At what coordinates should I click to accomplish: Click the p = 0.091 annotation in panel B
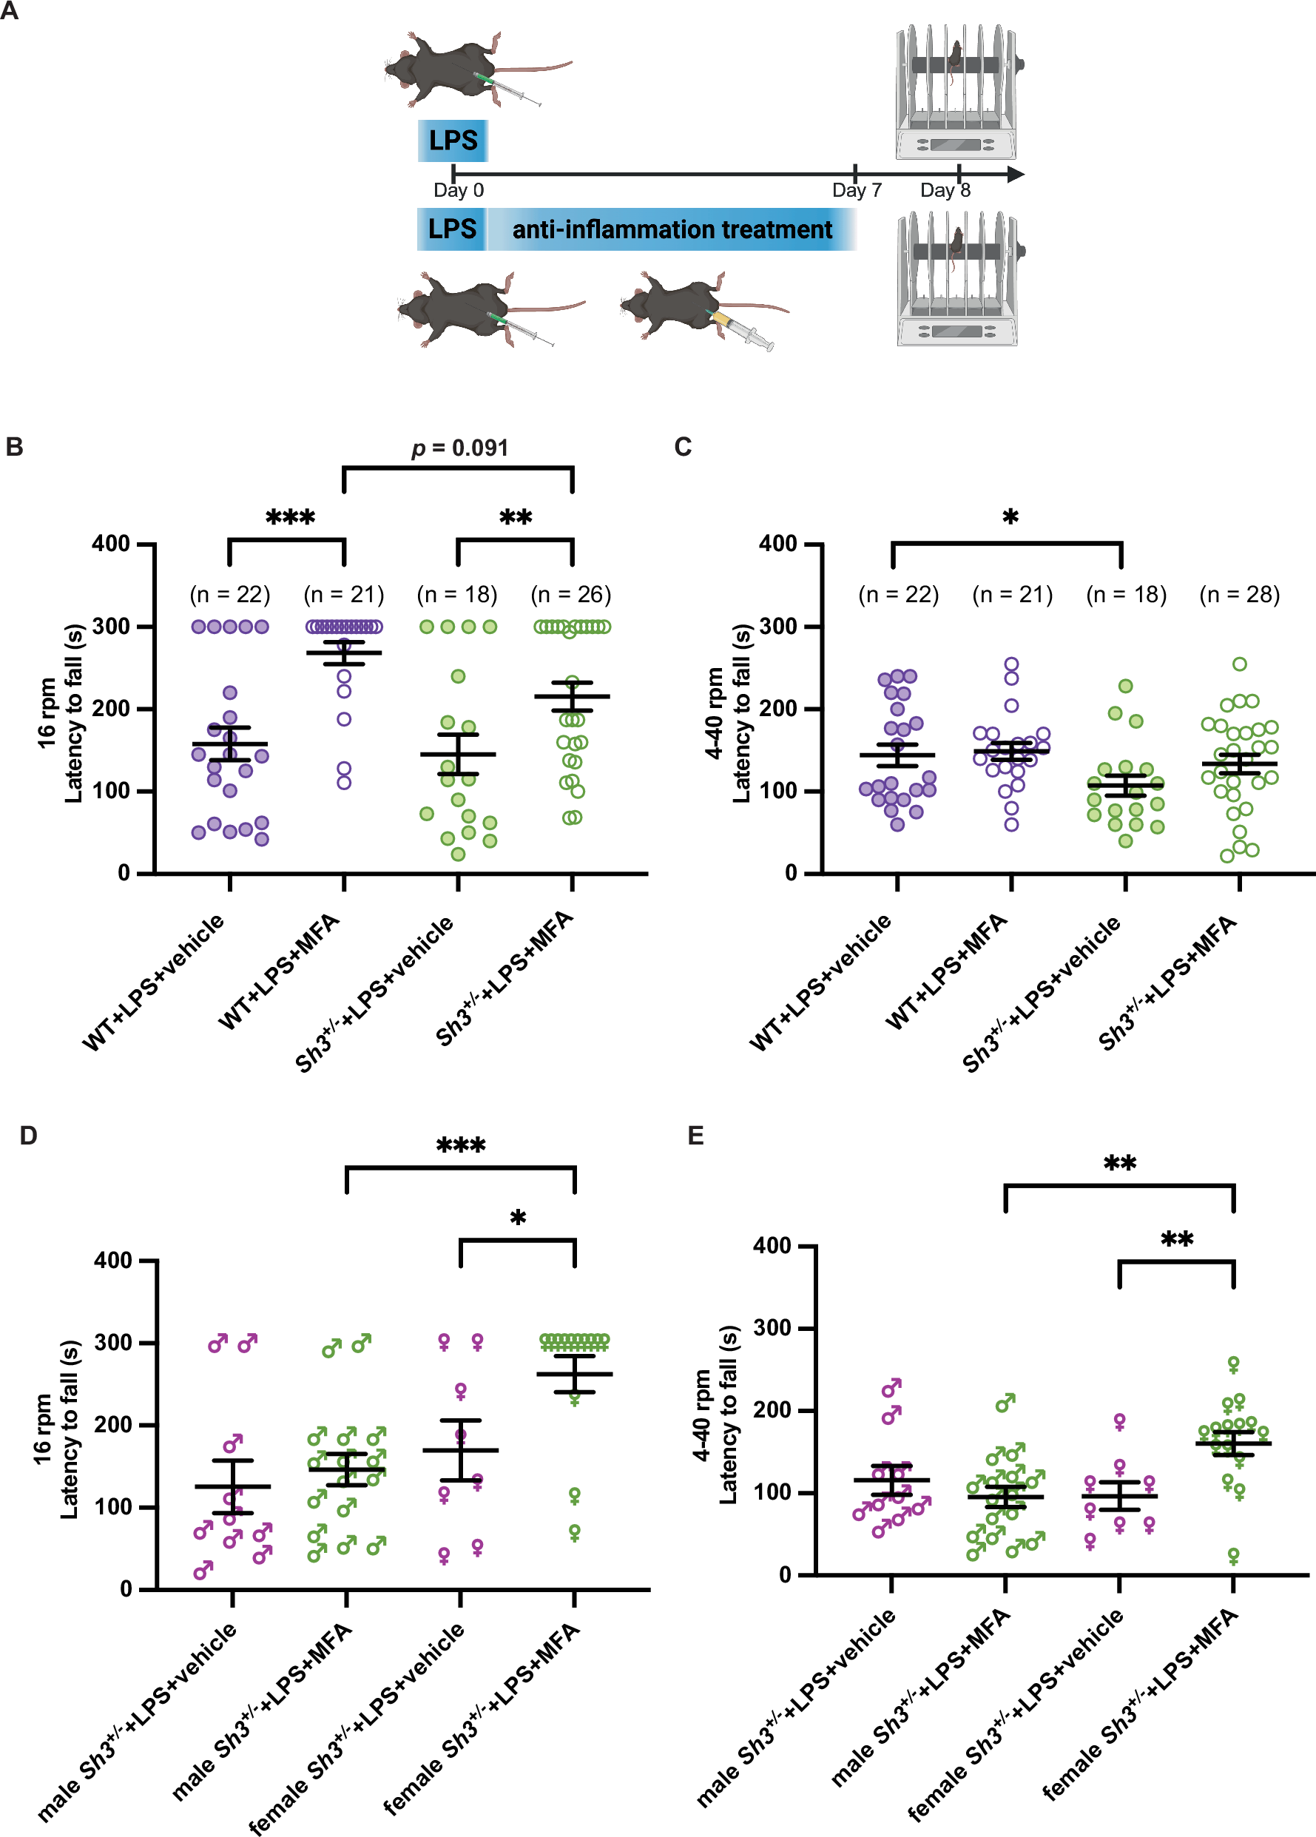tap(459, 448)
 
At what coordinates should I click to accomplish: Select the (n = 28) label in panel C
tap(1239, 595)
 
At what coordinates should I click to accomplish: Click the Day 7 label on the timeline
tap(856, 190)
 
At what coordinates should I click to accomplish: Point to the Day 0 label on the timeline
tap(459, 190)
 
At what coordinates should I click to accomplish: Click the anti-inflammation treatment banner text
tap(672, 230)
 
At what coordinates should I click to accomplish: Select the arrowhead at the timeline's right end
tap(1016, 173)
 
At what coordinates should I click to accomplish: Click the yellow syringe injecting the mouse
tap(737, 328)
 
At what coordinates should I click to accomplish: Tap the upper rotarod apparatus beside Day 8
tap(956, 93)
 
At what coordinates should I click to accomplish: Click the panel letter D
tap(28, 1136)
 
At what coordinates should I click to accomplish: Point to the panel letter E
tap(695, 1136)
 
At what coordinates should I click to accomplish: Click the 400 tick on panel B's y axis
tap(111, 544)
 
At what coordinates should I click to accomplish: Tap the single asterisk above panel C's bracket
tap(1010, 516)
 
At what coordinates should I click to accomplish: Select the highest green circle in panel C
tap(1239, 664)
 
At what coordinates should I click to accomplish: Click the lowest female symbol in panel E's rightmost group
tap(1233, 1556)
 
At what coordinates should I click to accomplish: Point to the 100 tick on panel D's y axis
tap(113, 1506)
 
